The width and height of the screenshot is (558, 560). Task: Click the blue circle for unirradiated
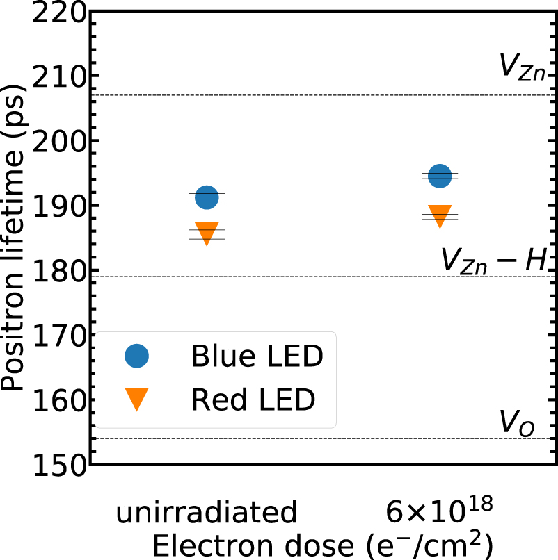pos(207,197)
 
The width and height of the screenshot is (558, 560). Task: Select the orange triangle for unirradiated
pos(207,233)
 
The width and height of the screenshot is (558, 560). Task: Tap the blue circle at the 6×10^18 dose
pos(440,176)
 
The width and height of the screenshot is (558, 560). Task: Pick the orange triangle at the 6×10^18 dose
pos(440,216)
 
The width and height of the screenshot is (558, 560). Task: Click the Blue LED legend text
pos(257,357)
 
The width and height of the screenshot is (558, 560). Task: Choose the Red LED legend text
pos(253,400)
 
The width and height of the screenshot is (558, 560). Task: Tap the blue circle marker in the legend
pos(137,357)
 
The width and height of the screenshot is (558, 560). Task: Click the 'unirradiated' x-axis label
pos(207,513)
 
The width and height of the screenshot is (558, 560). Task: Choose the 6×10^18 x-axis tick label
pos(440,512)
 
